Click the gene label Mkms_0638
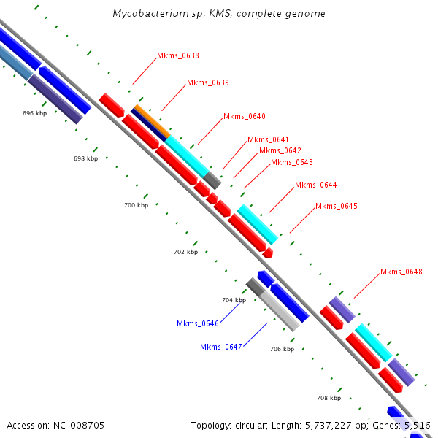tap(178, 55)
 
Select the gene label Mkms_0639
tap(208, 82)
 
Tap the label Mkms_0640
tap(245, 116)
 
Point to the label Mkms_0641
tap(268, 139)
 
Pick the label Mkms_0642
tap(280, 150)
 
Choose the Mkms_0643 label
tap(291, 162)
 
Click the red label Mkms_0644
tap(315, 185)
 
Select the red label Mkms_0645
tap(337, 206)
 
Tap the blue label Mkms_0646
tap(198, 323)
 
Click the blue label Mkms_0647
tap(221, 347)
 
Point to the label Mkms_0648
tap(401, 272)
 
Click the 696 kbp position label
tap(34, 113)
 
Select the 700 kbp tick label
tap(136, 206)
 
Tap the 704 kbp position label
tap(234, 300)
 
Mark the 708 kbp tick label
tap(328, 398)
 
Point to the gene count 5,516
tap(416, 425)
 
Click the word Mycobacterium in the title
tap(148, 14)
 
